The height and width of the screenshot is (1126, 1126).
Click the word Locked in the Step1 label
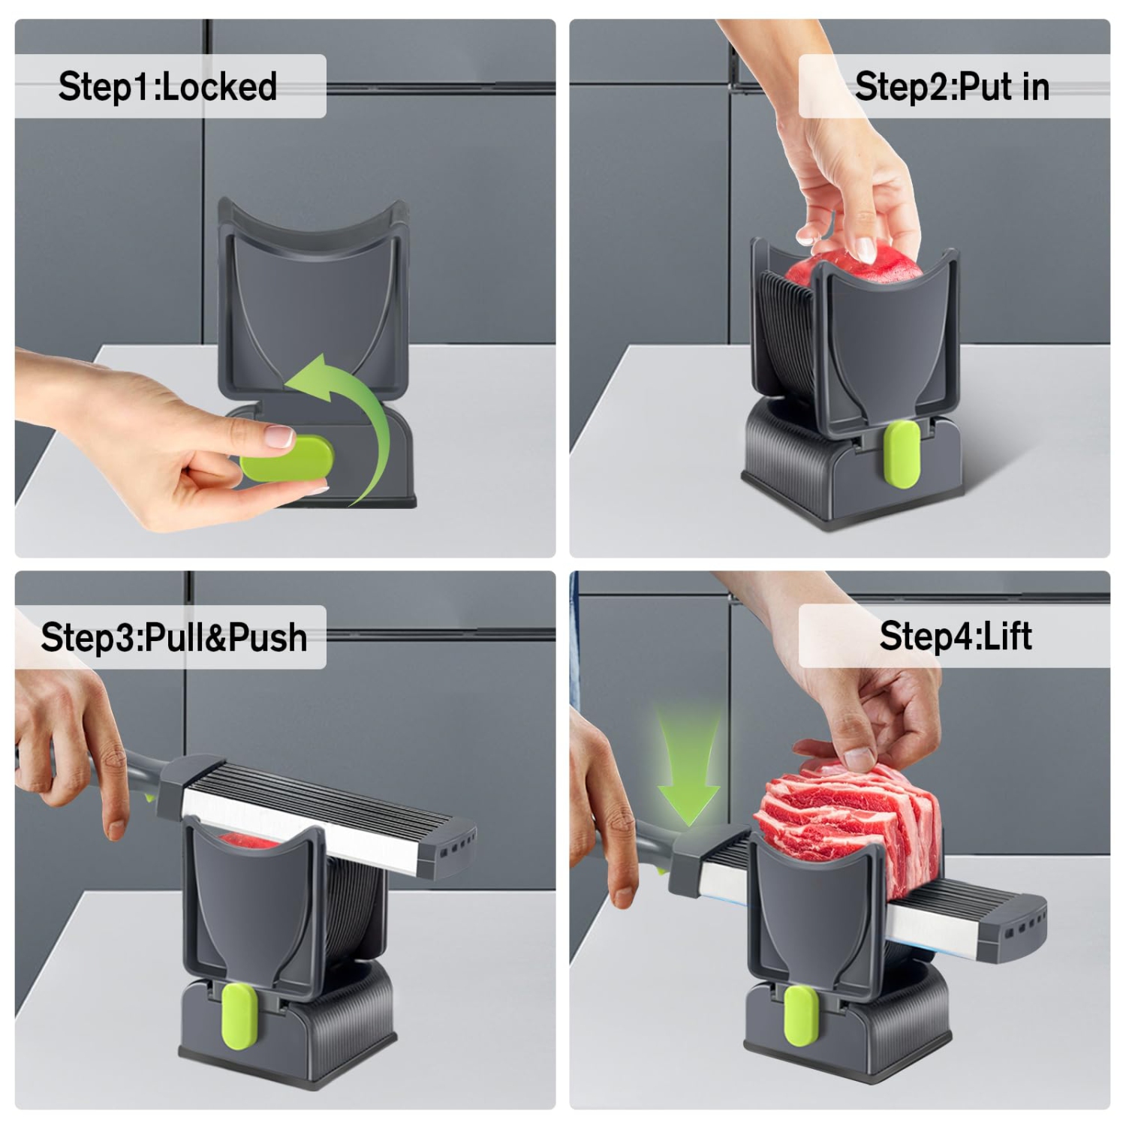tap(219, 86)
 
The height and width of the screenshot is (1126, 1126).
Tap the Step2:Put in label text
tap(952, 86)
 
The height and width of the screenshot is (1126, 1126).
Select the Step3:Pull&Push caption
tap(174, 637)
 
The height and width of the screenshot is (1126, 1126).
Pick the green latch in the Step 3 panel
tap(240, 1016)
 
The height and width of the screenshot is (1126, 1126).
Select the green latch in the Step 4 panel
tap(800, 1015)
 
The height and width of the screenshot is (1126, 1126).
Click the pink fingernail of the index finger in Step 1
tap(281, 435)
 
